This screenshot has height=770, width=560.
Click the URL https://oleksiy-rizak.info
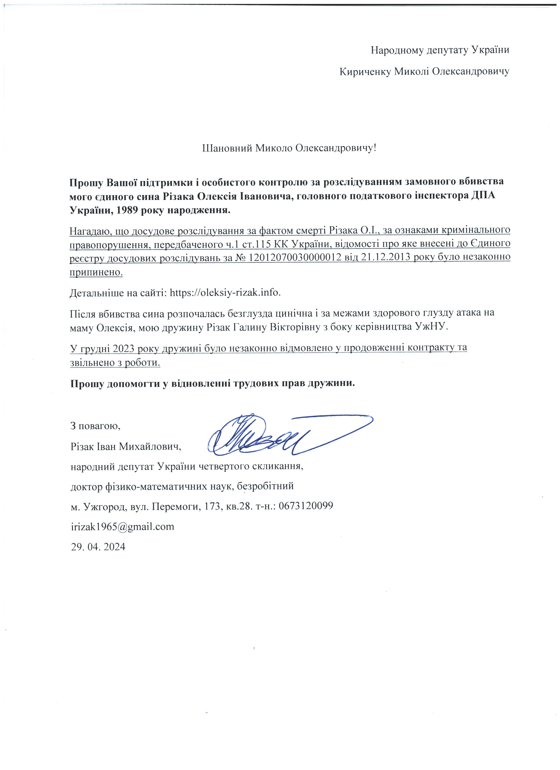point(225,293)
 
